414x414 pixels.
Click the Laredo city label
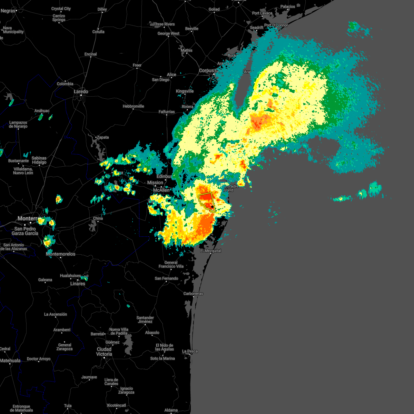[x=81, y=91]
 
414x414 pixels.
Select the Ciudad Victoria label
[x=104, y=352]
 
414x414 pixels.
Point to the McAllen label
[x=161, y=190]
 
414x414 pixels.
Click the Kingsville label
[x=185, y=91]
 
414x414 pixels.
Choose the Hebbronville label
[x=133, y=106]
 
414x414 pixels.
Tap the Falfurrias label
[x=167, y=112]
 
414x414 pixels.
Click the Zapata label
[x=103, y=137]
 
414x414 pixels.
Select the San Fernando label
[x=166, y=278]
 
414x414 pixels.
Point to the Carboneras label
[x=193, y=294]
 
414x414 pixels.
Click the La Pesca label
[x=190, y=351]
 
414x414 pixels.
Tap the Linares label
[x=78, y=284]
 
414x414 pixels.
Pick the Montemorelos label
[x=60, y=254]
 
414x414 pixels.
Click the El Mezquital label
[x=211, y=251]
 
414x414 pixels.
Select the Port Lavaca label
[x=262, y=13]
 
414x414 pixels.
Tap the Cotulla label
[x=98, y=32]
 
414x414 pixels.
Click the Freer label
[x=137, y=65]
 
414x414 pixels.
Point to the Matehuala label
[x=10, y=361]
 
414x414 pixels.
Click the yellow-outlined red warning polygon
[x=206, y=200]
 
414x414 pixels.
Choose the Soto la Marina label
[x=162, y=358]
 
